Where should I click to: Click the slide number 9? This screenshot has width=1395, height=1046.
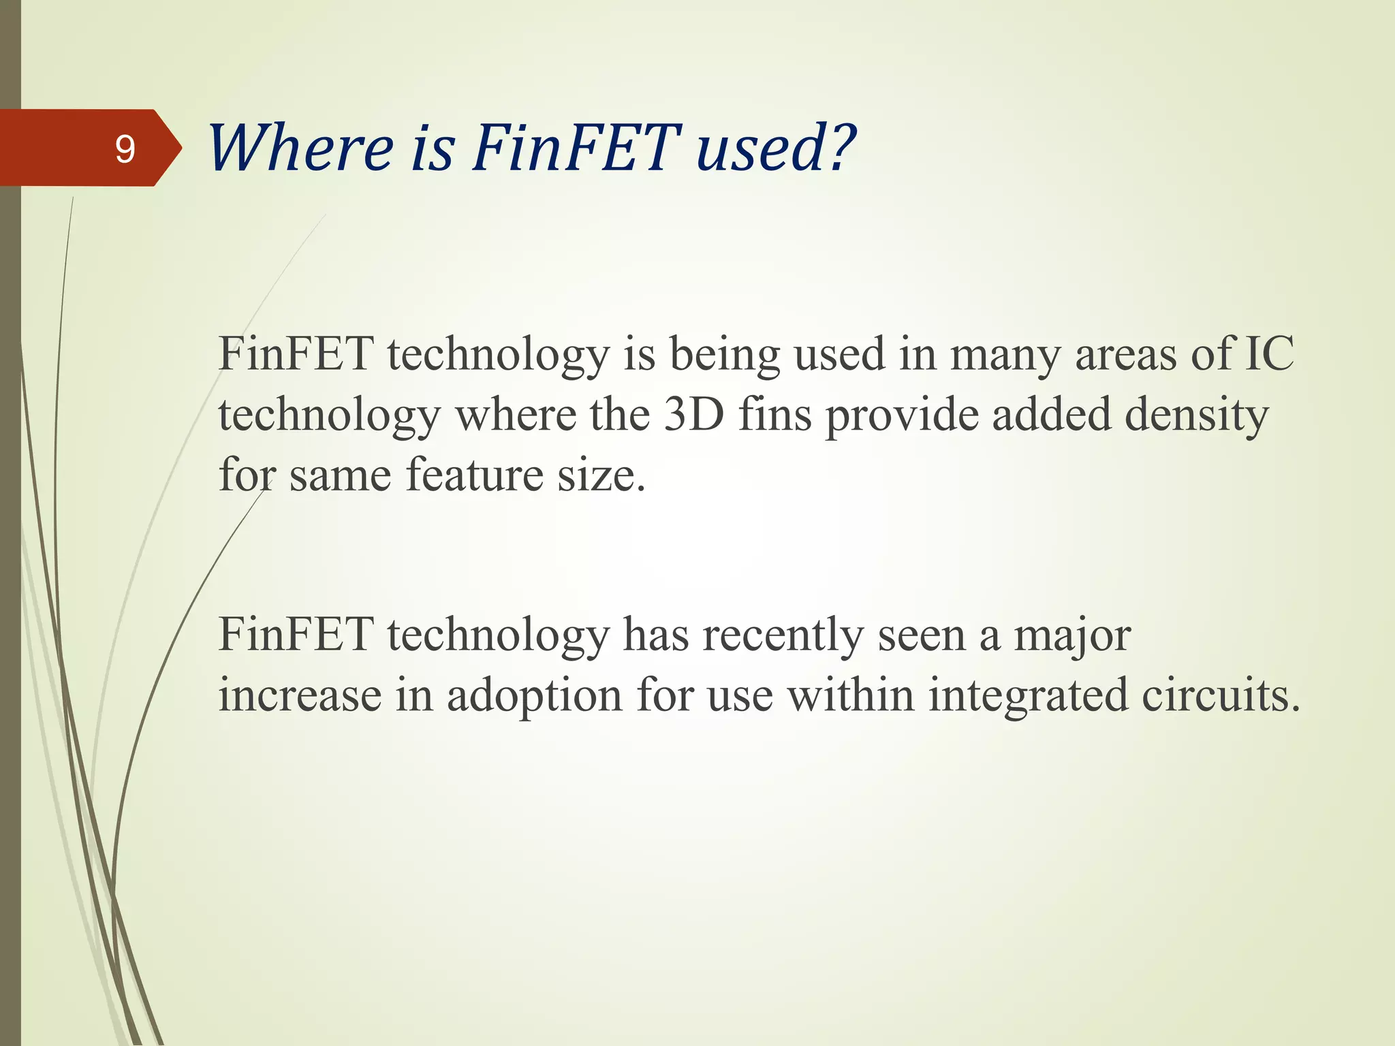(x=125, y=148)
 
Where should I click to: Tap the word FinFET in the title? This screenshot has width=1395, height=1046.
(x=576, y=148)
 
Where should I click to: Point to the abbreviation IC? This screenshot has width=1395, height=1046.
(x=1269, y=354)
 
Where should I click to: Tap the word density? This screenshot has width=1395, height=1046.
(x=1197, y=415)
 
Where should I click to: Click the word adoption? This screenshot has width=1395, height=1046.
(x=535, y=696)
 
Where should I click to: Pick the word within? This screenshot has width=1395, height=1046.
(x=851, y=696)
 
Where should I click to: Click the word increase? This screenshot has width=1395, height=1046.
(x=300, y=696)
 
